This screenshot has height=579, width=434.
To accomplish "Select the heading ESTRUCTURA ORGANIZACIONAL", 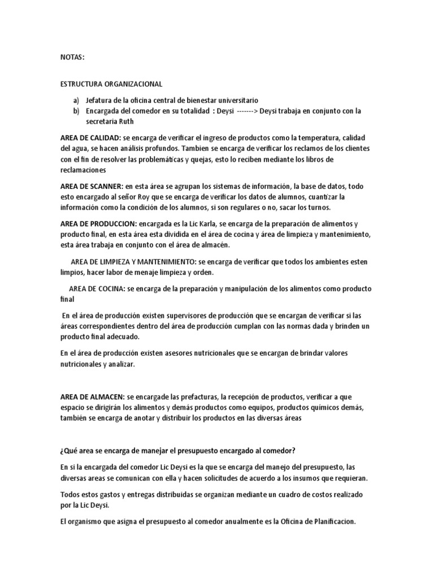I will point(111,84).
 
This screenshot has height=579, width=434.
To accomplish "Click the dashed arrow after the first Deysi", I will point(247,110).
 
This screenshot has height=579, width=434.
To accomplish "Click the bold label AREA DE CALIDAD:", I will point(90,137).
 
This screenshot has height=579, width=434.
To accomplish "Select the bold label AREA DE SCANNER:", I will point(92,185).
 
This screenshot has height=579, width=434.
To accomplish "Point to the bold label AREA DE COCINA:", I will point(97,288).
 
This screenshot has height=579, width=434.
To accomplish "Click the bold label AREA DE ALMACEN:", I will point(93,397).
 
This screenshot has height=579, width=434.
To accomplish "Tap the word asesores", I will point(172,353).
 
